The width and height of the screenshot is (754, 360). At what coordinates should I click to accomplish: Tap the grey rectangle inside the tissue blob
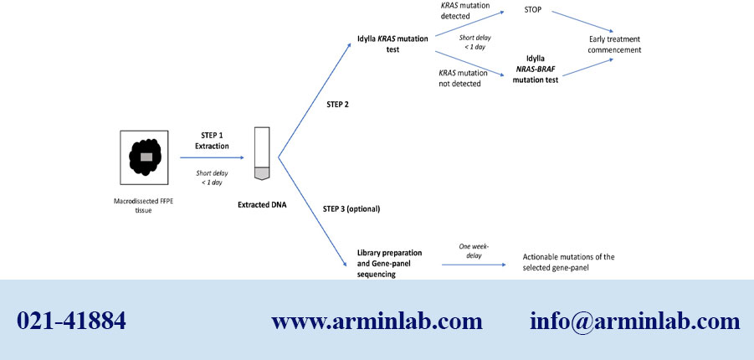click(146, 157)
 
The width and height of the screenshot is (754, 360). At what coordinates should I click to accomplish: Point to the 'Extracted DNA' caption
click(261, 203)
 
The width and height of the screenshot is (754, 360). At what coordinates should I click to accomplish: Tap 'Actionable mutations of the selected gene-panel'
click(573, 261)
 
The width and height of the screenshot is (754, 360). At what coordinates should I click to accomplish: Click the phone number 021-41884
click(71, 321)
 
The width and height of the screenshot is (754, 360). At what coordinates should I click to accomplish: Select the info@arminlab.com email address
click(634, 321)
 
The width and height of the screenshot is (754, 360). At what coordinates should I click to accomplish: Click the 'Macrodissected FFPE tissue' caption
click(146, 205)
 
